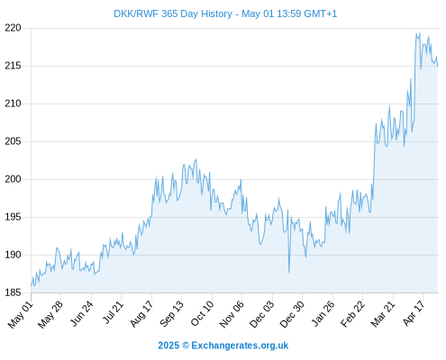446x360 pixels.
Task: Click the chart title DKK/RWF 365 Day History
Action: tap(173, 13)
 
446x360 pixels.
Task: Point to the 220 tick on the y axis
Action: tap(13, 28)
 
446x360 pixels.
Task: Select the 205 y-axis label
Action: tap(13, 141)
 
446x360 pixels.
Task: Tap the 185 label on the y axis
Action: tap(13, 292)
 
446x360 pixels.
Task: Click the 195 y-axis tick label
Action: tap(13, 217)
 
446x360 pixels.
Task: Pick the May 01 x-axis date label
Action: tap(21, 314)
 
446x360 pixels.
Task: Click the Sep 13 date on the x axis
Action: tap(171, 314)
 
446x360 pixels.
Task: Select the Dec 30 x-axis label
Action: tap(292, 314)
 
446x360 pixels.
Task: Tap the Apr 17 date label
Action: tap(414, 313)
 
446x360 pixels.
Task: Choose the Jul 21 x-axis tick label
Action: tap(114, 312)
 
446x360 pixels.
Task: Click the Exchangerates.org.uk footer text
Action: tap(240, 346)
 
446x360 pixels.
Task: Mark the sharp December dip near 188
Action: tap(289, 272)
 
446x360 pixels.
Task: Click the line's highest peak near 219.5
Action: tap(416, 32)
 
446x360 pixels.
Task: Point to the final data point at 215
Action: tap(438, 66)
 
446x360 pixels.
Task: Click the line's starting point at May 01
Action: tap(31, 285)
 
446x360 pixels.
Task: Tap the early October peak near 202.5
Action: tap(196, 159)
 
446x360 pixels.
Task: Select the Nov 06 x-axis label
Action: tap(232, 314)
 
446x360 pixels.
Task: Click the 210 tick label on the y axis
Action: tap(13, 103)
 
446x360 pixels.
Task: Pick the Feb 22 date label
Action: tap(352, 313)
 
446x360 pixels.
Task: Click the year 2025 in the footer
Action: tap(168, 346)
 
